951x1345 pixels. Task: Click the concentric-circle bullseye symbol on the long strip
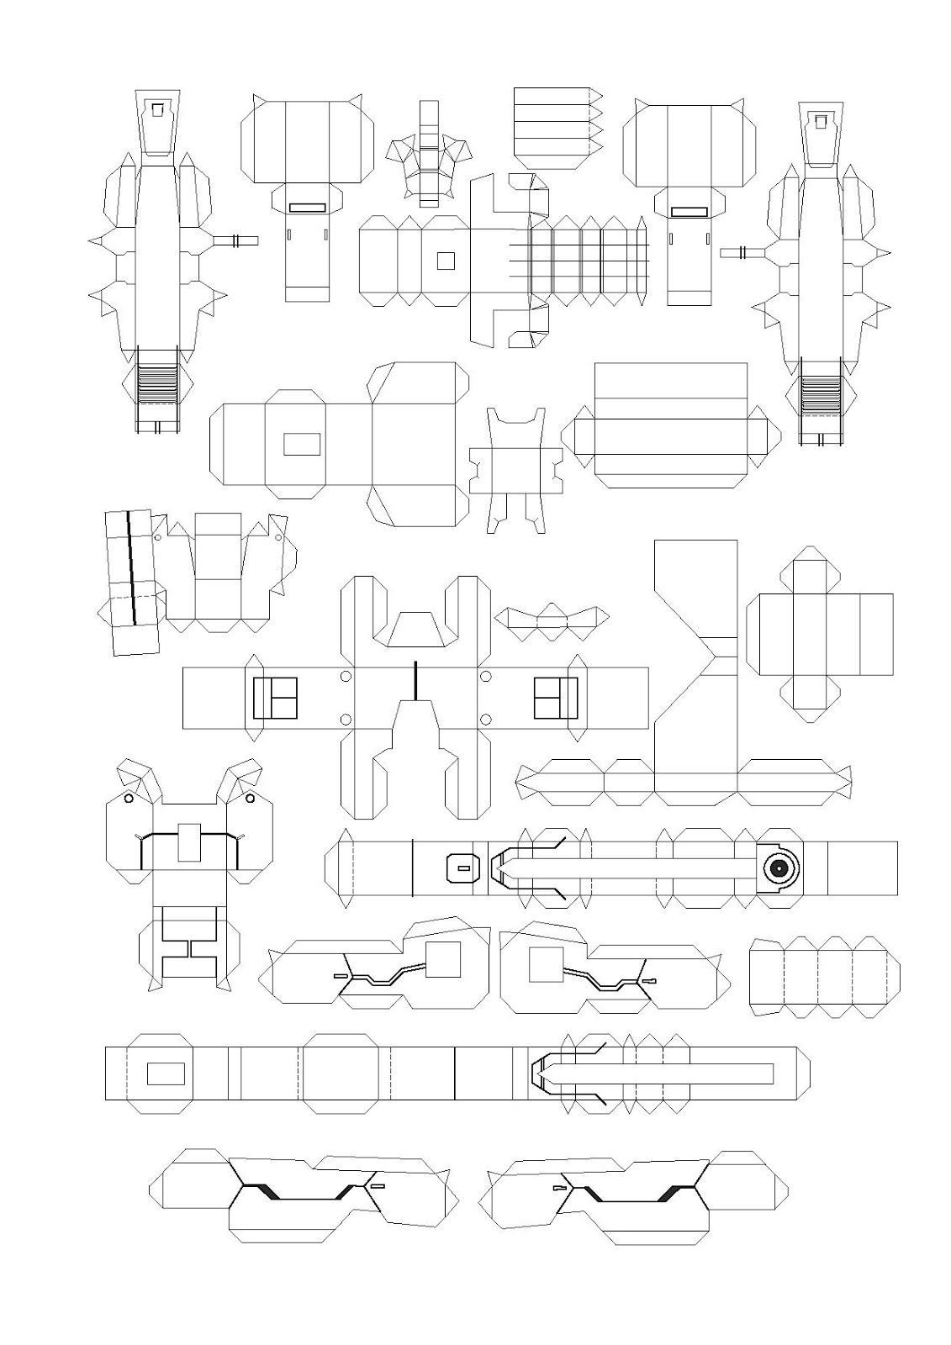click(x=778, y=868)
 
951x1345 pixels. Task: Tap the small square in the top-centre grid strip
click(x=446, y=261)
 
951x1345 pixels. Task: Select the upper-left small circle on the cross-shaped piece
click(x=346, y=677)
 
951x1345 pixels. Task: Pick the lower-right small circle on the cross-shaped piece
click(x=486, y=720)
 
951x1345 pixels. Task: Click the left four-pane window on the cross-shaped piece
click(x=276, y=698)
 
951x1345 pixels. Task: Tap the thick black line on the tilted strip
click(x=131, y=567)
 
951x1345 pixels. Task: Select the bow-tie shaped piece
click(x=552, y=619)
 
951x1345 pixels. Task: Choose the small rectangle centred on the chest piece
click(x=190, y=843)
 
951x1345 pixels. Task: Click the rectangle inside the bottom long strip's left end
click(x=166, y=1073)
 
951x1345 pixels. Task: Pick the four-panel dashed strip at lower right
click(x=824, y=976)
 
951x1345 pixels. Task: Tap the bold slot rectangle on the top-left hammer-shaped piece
click(x=306, y=207)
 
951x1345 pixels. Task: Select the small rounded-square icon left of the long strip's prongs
click(x=461, y=868)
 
